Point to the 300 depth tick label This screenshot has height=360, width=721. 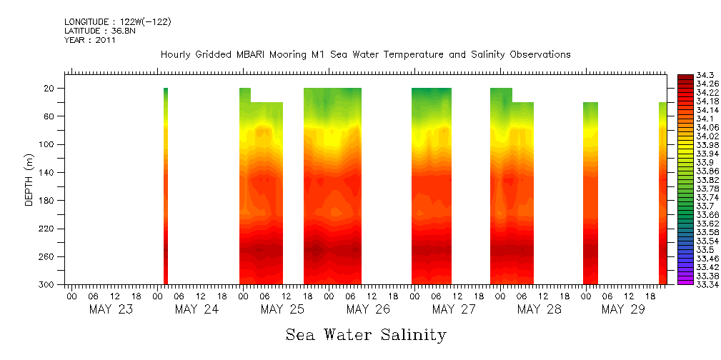tap(49, 285)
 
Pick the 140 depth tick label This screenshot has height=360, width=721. tap(49, 173)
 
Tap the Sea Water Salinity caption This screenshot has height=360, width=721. tap(366, 334)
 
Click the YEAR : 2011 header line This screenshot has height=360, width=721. tap(90, 40)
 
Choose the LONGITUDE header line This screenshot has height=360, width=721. tap(117, 21)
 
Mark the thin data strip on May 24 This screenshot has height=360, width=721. tap(166, 186)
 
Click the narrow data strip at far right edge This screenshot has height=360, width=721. tap(662, 193)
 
